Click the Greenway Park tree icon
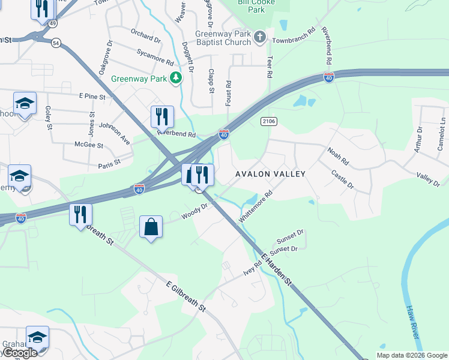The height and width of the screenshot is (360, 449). coord(175,77)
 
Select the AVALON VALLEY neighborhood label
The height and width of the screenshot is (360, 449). coord(270,174)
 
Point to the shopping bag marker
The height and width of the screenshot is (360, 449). coord(151,228)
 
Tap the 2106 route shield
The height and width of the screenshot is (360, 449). coord(269,121)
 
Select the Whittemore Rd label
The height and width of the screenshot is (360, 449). coord(256,207)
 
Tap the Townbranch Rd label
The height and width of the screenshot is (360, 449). coord(294,37)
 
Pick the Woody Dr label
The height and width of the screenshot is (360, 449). coord(195,211)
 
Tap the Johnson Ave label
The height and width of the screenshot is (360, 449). coord(115,134)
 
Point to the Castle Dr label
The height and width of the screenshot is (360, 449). coord(343,180)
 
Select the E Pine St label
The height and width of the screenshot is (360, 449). coord(92,96)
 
